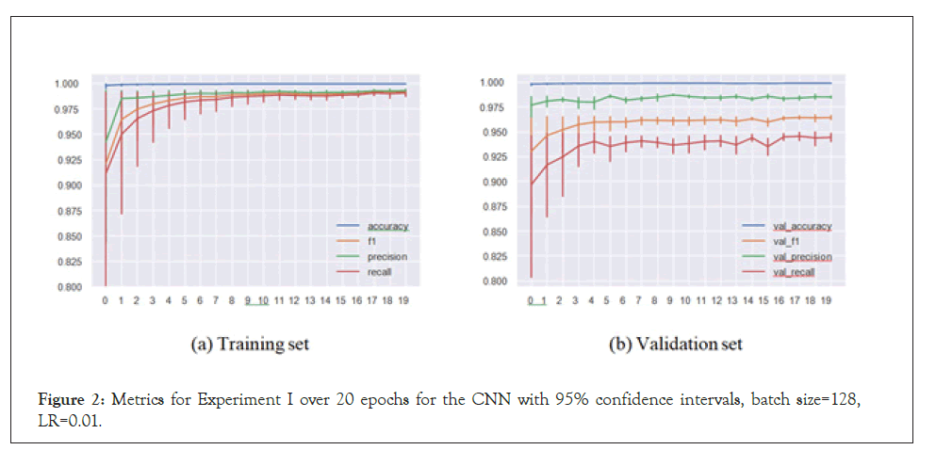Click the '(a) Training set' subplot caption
[250, 345]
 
